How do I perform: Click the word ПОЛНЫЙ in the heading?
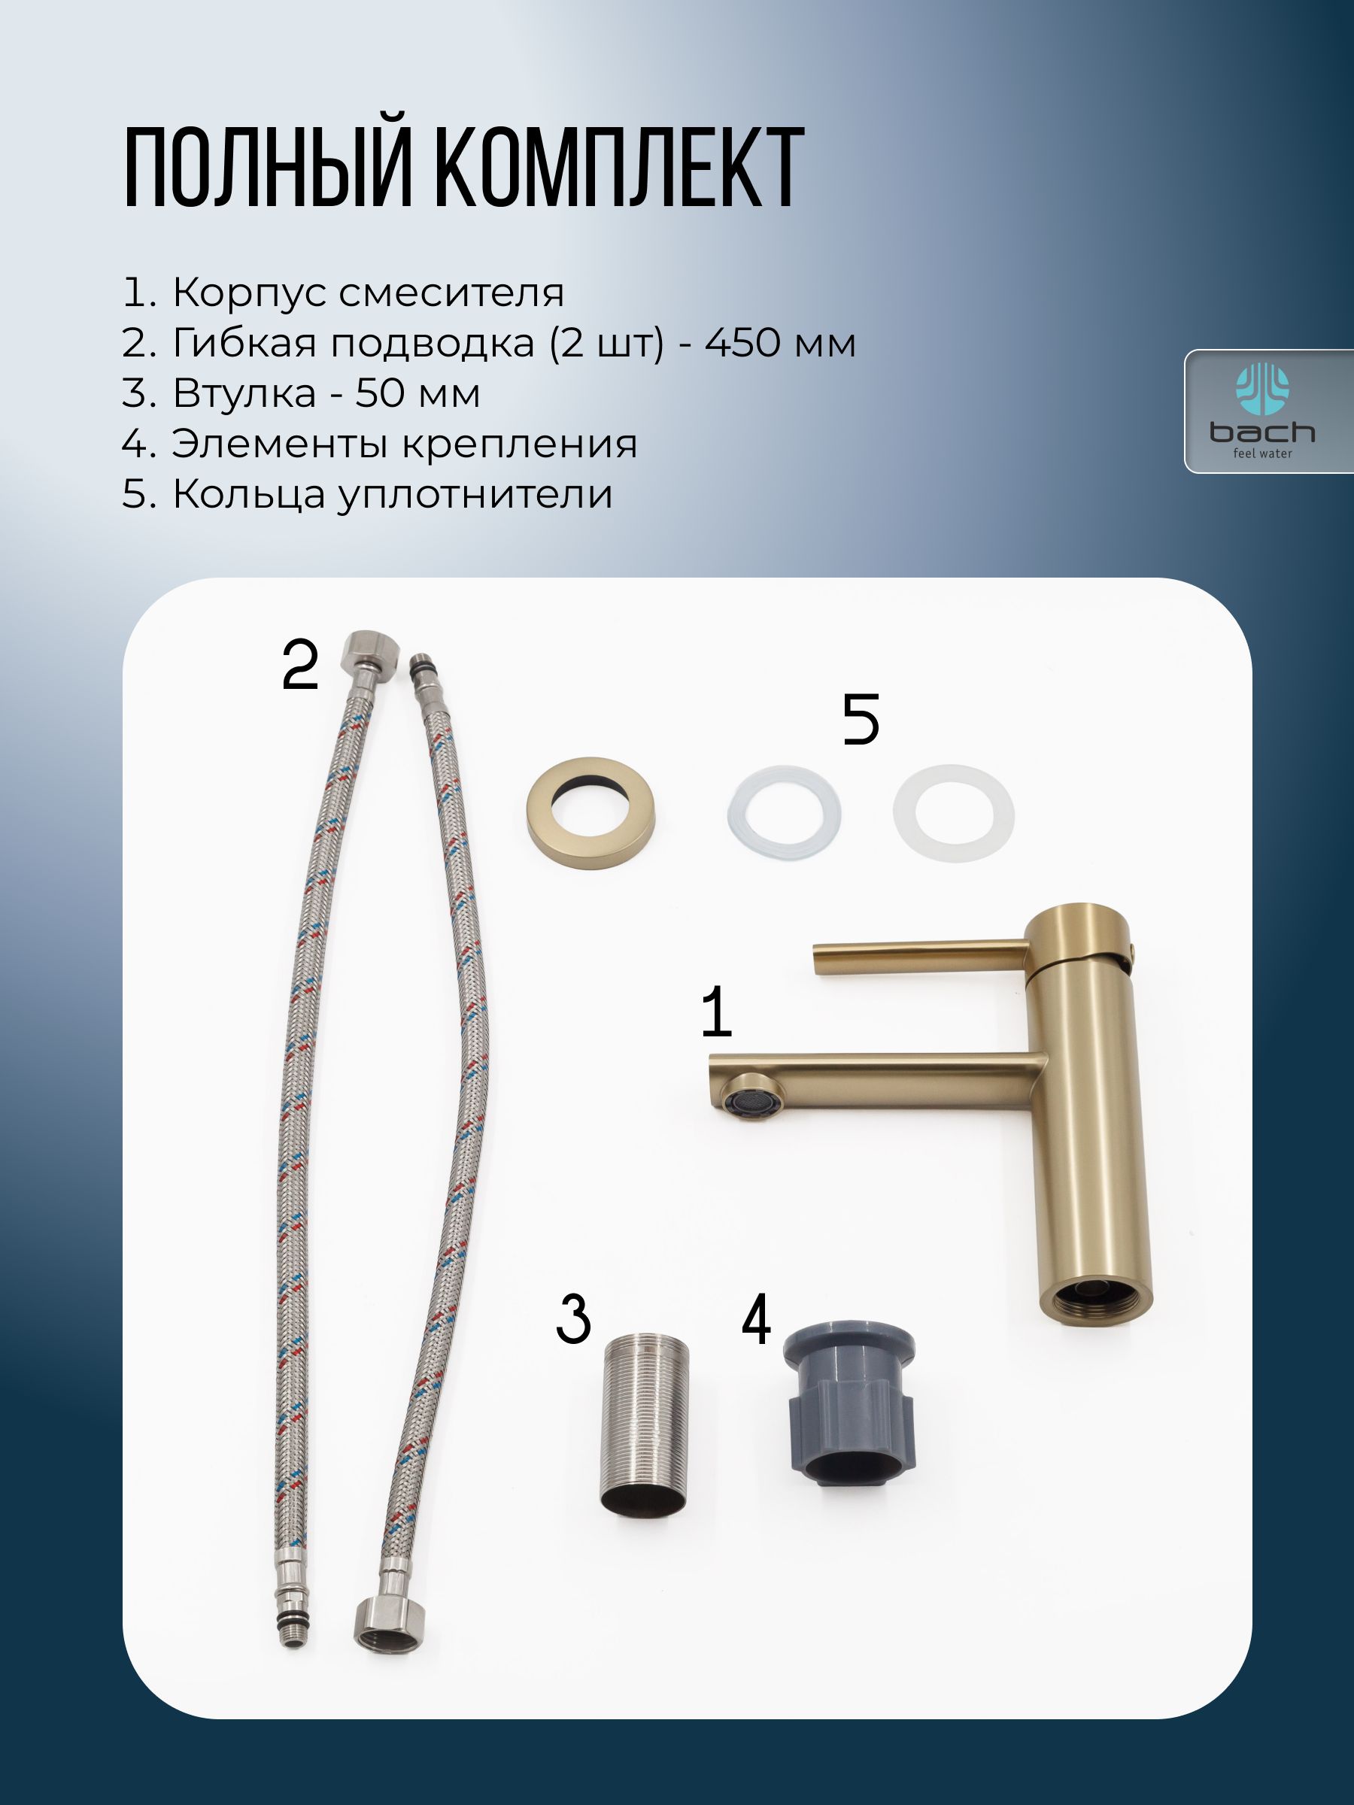coord(267,169)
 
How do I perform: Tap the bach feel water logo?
coord(1261,411)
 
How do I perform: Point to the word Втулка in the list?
coord(244,393)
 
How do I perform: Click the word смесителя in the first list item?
coord(451,292)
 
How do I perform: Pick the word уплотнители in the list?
coord(475,496)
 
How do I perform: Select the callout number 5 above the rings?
coord(861,719)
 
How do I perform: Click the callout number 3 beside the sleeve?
coord(573,1318)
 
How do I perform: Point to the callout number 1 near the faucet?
coord(716,1011)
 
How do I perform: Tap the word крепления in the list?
coord(520,444)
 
